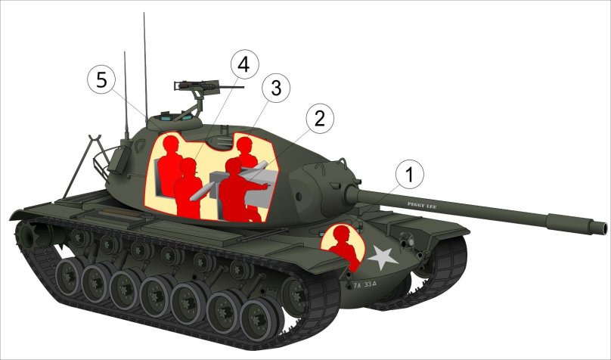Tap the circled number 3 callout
pos(275,88)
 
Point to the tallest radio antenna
pos(144,61)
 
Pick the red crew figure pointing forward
pos(243,189)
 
